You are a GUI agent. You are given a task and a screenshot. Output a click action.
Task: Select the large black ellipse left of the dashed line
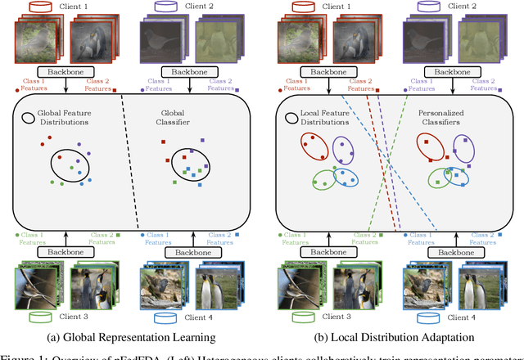pyautogui.click(x=75, y=166)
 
